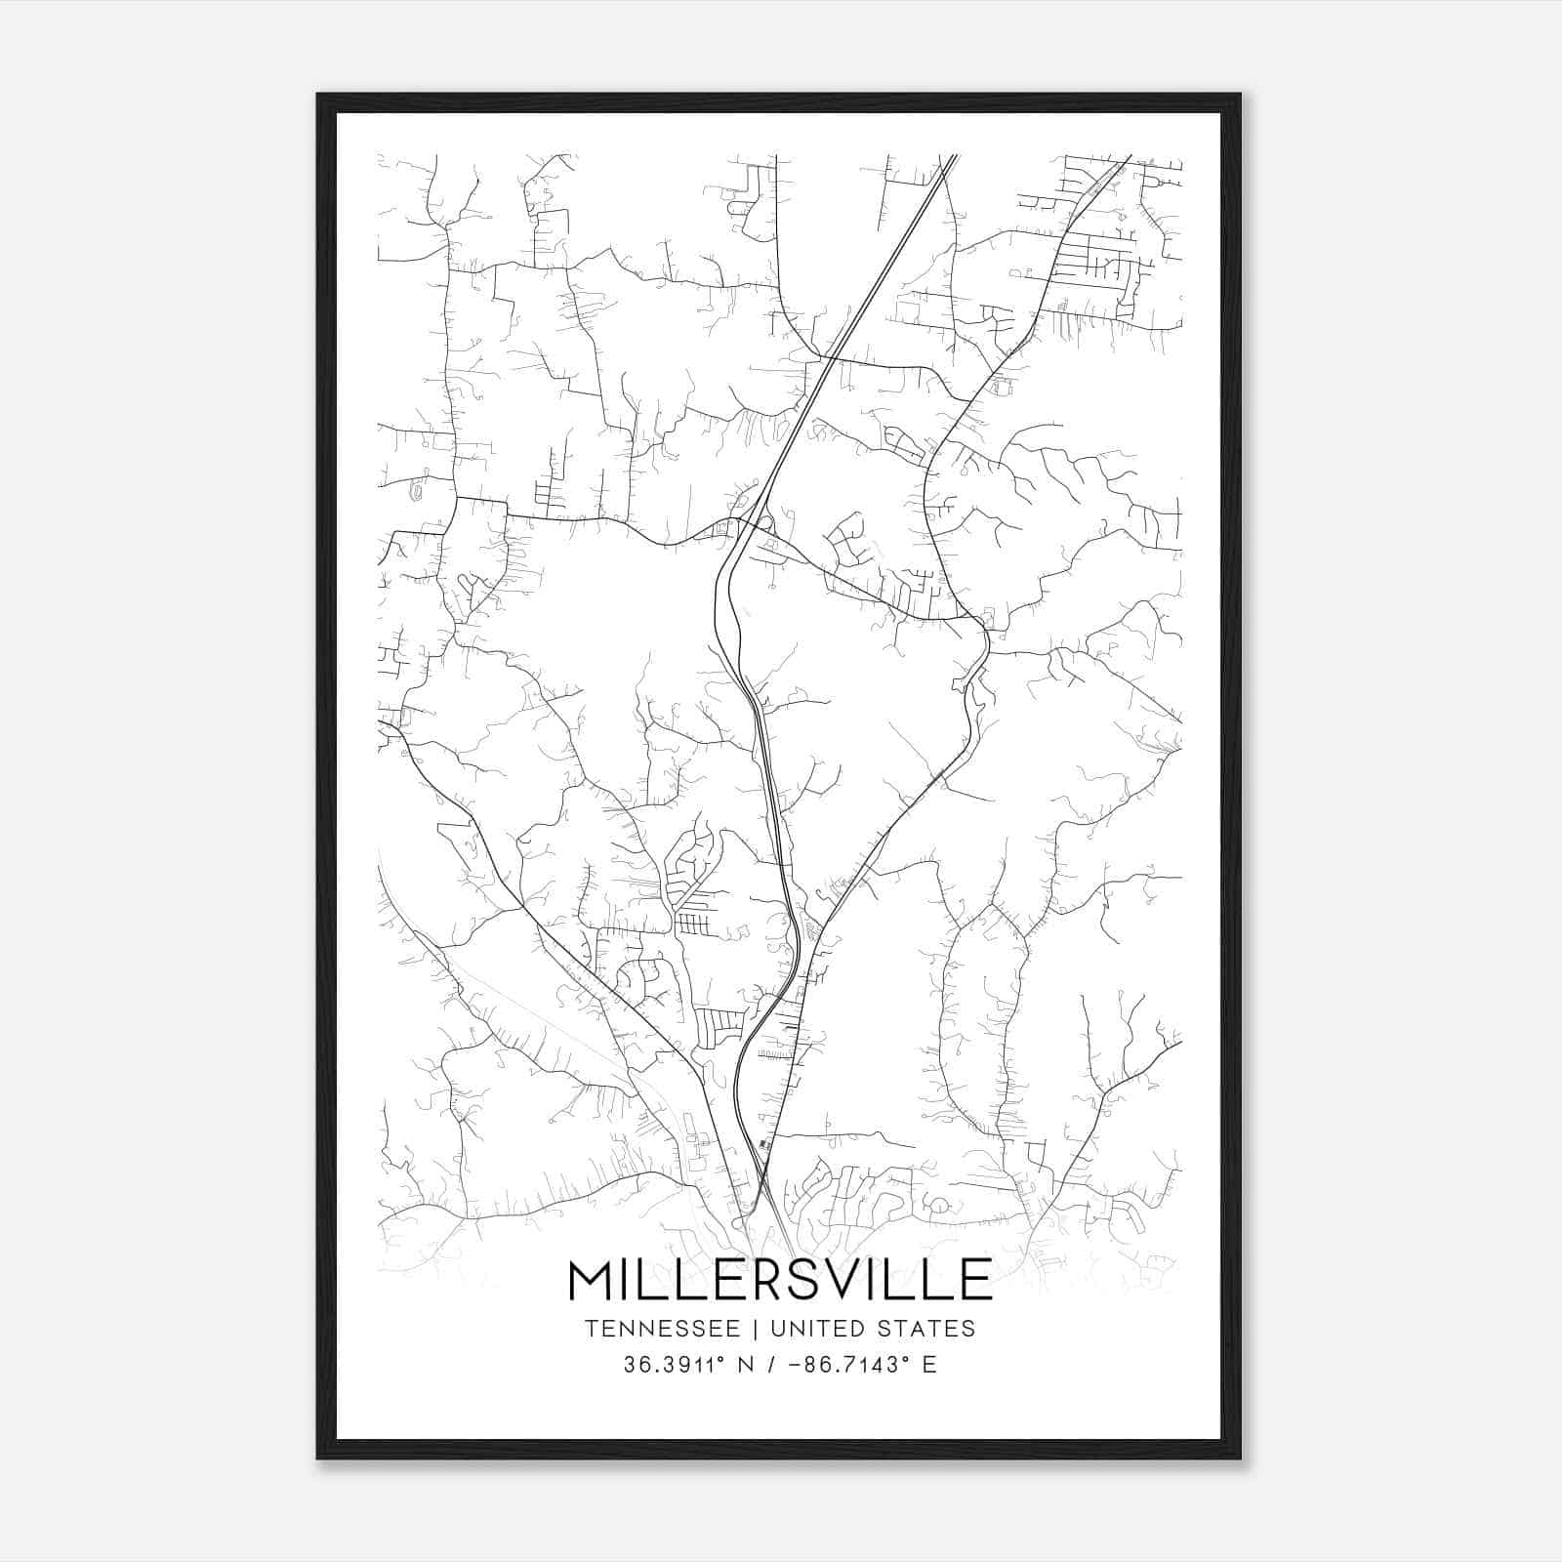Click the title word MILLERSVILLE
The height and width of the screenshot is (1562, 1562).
[x=780, y=1280]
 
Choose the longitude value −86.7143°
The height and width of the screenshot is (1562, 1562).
[x=838, y=1365]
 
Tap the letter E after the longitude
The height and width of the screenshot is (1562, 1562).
[x=928, y=1365]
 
